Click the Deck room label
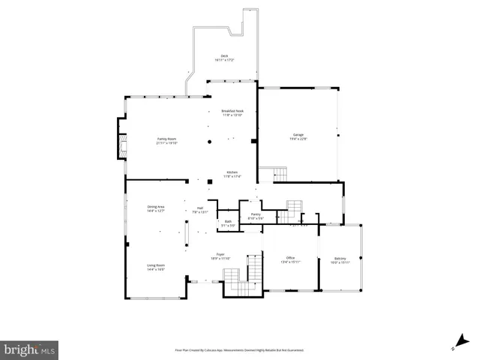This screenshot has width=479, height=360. coord(224,56)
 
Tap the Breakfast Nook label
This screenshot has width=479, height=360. coord(232,111)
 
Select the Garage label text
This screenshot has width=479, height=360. coord(298,135)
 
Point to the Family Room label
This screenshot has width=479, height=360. coord(166,139)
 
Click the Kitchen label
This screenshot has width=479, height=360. coord(232,172)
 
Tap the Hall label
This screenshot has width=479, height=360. coord(201,208)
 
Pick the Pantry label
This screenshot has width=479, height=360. coord(255,214)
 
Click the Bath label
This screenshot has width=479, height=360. coord(229,221)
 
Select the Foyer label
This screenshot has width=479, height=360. coord(221,254)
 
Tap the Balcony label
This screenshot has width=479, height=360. coord(341,258)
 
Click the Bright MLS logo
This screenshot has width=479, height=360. coord(30,349)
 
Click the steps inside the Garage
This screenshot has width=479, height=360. coord(280,174)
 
